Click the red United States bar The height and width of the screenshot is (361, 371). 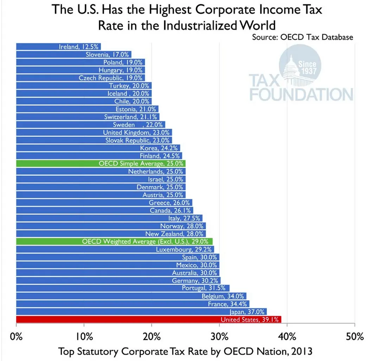148,319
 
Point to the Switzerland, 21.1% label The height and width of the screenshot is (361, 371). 131,117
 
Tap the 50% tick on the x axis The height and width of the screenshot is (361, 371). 354,337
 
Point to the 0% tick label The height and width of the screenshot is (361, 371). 16,337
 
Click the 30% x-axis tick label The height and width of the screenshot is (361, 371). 219,337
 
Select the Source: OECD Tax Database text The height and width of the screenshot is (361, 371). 302,37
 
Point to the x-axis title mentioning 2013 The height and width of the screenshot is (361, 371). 185,351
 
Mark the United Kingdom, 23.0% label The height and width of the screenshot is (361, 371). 136,132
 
